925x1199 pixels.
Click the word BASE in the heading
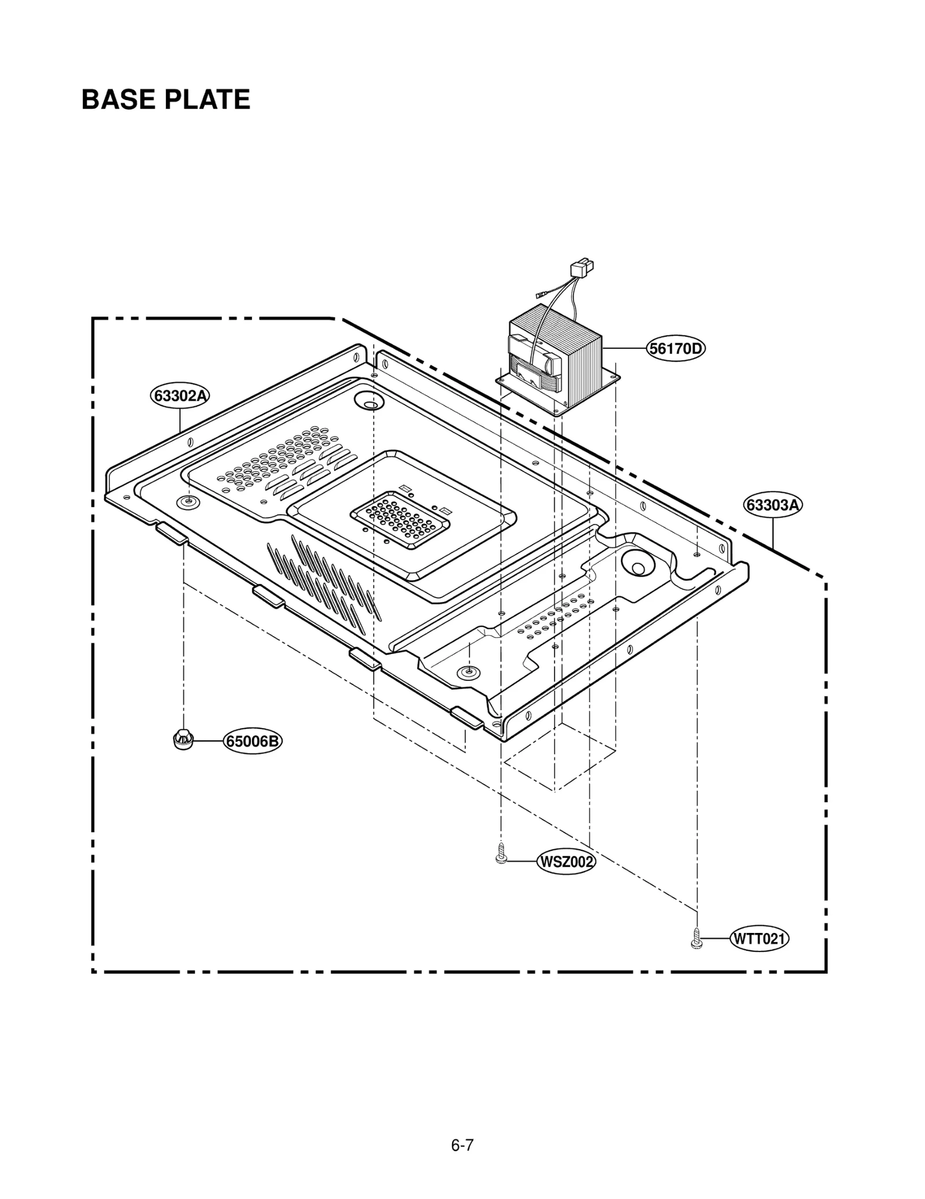119,99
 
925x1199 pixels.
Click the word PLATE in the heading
207,99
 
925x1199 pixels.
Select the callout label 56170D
675,349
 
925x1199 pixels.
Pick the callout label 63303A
772,505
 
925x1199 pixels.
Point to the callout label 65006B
252,741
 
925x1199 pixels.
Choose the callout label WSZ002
566,862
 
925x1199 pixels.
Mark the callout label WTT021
760,938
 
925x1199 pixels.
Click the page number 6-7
462,1129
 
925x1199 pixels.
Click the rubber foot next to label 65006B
183,739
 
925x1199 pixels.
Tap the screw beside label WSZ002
501,854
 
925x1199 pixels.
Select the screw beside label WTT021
697,938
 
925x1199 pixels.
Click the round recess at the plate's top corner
368,399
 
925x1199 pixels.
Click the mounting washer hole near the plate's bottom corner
468,672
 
